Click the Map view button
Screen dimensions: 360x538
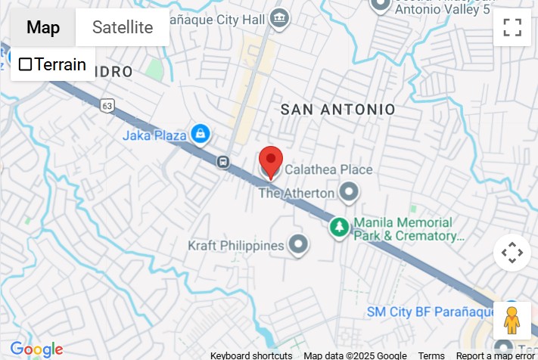[43, 28]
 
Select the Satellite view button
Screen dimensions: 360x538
[122, 28]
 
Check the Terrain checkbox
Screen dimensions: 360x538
[26, 64]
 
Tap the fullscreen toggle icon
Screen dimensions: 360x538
[512, 27]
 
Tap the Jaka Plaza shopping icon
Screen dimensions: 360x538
[200, 135]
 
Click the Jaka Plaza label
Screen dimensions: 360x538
[154, 135]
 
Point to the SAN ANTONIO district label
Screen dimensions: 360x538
[337, 110]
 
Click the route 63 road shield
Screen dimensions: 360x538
[108, 104]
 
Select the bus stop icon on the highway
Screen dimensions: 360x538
[223, 161]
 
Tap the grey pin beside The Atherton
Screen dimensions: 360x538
[348, 193]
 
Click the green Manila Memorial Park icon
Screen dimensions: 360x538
[340, 226]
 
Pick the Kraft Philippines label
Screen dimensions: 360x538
[235, 245]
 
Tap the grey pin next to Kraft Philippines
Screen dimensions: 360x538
[299, 244]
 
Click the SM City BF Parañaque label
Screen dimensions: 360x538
[429, 312]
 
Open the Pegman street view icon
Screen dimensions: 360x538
[512, 320]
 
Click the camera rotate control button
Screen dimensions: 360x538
[512, 253]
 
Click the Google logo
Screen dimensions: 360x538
[36, 349]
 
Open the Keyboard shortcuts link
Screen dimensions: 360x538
[251, 355]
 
